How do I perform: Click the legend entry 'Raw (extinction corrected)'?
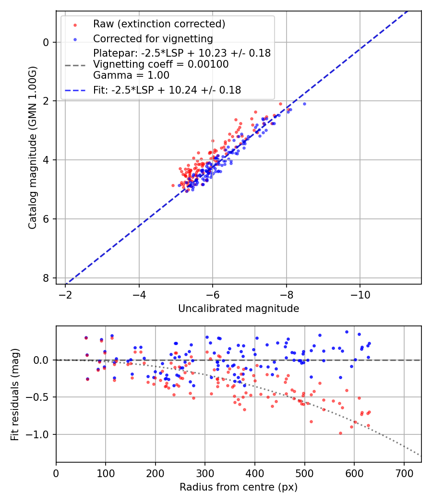click(x=159, y=24)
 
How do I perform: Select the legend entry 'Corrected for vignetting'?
click(x=153, y=38)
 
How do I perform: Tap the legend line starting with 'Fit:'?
click(x=167, y=90)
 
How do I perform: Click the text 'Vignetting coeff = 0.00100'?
click(x=161, y=64)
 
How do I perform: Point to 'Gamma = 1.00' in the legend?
click(x=132, y=75)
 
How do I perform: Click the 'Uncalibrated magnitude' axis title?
click(x=239, y=309)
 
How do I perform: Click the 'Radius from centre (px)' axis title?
click(x=239, y=487)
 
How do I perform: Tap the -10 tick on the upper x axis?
click(x=360, y=295)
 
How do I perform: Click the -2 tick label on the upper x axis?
click(x=65, y=295)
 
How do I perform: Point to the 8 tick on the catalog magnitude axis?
click(x=46, y=278)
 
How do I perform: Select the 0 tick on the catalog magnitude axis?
click(x=46, y=42)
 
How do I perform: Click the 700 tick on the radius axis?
click(x=404, y=473)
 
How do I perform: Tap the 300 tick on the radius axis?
click(x=205, y=473)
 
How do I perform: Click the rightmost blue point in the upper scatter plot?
click(x=304, y=104)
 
